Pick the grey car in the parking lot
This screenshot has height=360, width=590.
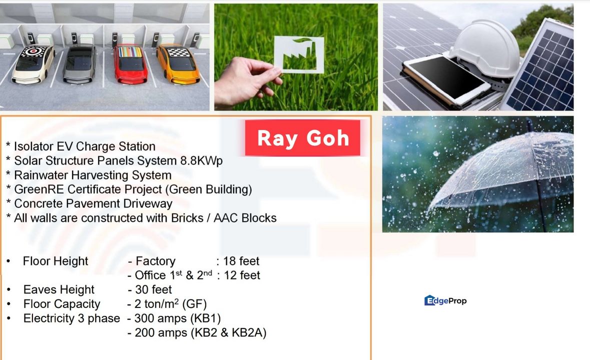click(80, 63)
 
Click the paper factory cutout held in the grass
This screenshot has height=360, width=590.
click(299, 54)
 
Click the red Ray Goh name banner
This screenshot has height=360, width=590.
click(303, 138)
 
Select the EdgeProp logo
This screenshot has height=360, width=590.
click(445, 300)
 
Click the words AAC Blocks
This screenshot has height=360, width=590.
click(245, 218)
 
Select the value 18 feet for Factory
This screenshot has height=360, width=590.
click(241, 261)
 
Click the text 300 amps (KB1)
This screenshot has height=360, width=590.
click(177, 318)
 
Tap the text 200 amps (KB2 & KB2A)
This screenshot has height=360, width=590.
click(200, 332)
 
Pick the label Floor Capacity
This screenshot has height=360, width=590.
click(62, 304)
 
